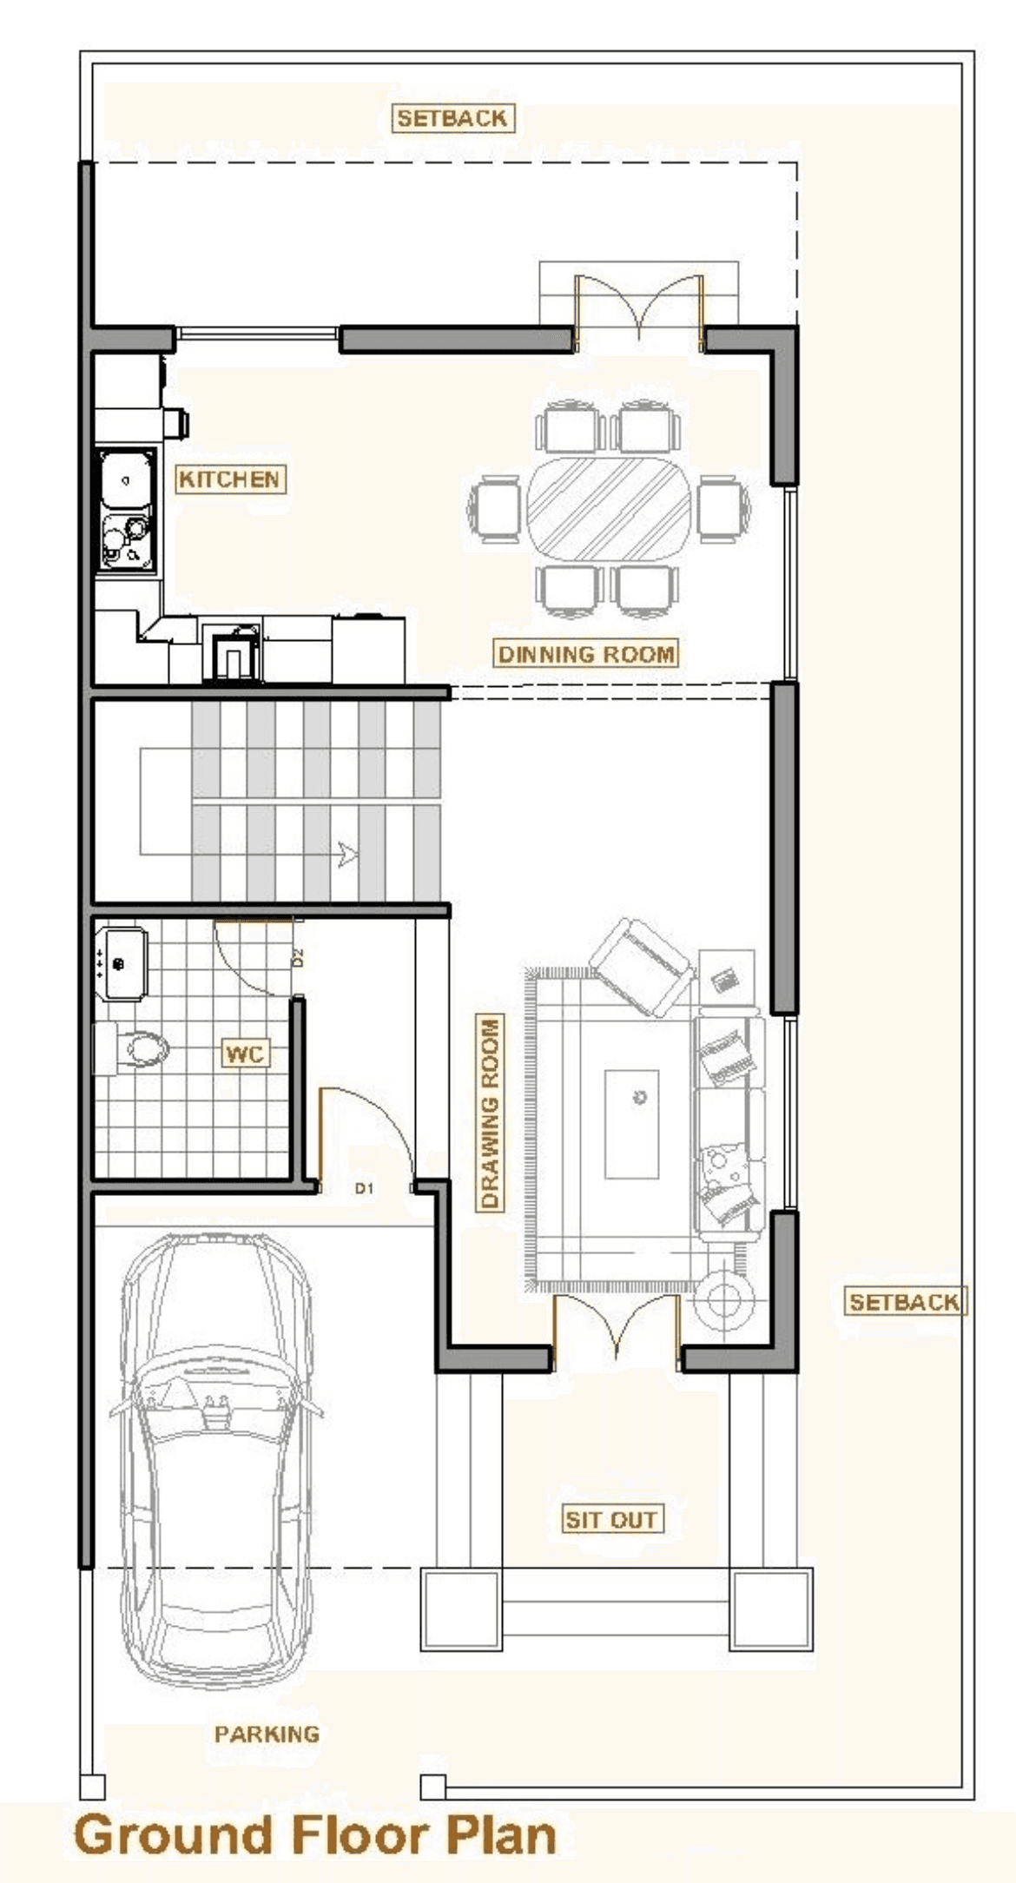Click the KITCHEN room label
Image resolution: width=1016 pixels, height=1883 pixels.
[230, 479]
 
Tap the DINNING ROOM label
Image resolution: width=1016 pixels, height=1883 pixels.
[586, 653]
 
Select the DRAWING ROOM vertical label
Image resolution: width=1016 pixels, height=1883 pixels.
[491, 1113]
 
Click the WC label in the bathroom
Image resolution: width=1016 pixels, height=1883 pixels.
[244, 1054]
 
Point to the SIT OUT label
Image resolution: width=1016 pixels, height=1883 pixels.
[610, 1519]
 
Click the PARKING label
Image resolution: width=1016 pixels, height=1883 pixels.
[267, 1734]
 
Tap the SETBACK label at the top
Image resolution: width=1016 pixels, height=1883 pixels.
[452, 118]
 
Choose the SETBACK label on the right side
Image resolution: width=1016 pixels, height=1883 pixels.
[904, 1302]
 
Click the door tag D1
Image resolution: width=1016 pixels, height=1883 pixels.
[364, 1188]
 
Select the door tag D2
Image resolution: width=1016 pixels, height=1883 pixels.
[298, 958]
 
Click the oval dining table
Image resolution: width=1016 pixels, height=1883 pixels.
[608, 509]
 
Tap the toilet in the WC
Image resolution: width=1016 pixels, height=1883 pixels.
[131, 1048]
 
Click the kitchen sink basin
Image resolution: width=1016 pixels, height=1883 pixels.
[127, 479]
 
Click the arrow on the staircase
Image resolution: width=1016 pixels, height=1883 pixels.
[348, 855]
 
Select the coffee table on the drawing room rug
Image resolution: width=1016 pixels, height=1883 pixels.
[631, 1124]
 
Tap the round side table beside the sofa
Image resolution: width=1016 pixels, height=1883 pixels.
[722, 1301]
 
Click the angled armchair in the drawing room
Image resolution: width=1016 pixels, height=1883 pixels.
[643, 967]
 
